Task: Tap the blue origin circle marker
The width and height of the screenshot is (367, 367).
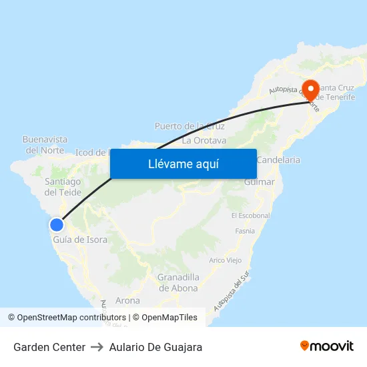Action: (56, 225)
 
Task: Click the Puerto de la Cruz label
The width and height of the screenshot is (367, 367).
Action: (190, 126)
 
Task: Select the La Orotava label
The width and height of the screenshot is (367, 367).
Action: (204, 141)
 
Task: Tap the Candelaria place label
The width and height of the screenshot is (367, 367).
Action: (278, 160)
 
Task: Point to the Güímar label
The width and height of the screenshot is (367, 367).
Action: (259, 181)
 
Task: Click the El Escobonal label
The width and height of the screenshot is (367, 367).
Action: (250, 216)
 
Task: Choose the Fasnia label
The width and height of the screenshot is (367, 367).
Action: (245, 231)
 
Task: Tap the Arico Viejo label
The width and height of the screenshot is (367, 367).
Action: (226, 260)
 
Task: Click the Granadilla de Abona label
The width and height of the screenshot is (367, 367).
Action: (177, 283)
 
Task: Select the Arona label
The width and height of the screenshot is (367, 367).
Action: (127, 300)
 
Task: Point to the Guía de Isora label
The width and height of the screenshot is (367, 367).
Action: (80, 240)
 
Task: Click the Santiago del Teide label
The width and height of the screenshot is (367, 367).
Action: (63, 187)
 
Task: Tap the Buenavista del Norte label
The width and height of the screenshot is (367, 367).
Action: (45, 145)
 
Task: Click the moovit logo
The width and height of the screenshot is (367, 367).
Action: (327, 346)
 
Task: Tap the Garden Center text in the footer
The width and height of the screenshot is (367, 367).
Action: (49, 347)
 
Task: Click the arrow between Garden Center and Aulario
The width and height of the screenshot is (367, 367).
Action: (97, 347)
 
